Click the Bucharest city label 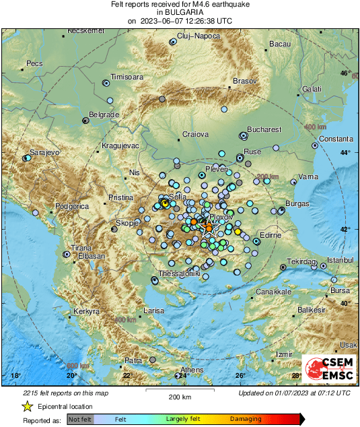(263, 129)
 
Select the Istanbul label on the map (340, 260)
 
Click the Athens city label (192, 370)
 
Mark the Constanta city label (336, 139)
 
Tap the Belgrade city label (104, 115)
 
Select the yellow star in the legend (28, 406)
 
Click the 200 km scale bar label (180, 397)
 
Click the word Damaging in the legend (246, 419)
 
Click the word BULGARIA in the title (180, 12)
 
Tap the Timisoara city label (127, 77)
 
